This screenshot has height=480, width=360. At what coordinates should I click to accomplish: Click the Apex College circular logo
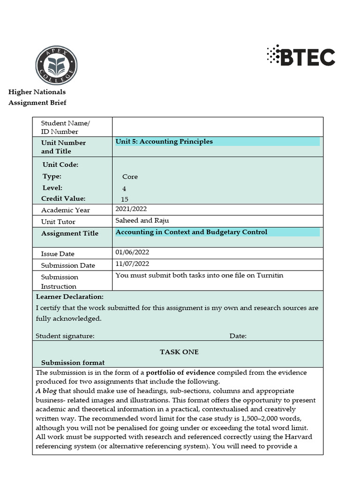click(57, 65)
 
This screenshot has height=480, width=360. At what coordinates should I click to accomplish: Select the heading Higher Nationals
click(37, 92)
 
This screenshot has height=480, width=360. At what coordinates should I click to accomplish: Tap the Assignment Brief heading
click(37, 103)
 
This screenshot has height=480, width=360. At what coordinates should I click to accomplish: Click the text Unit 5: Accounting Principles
click(164, 142)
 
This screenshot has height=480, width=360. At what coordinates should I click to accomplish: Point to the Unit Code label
click(60, 165)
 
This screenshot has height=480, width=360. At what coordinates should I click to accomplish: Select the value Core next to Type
click(130, 177)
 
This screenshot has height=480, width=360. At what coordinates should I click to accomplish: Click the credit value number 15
click(124, 199)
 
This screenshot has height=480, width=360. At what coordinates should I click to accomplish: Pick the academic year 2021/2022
click(131, 210)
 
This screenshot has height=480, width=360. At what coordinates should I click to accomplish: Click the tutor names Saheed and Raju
click(142, 221)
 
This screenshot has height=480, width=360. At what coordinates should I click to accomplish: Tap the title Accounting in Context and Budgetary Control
click(191, 232)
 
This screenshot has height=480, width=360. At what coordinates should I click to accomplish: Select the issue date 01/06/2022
click(132, 252)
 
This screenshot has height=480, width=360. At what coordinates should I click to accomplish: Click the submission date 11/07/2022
click(132, 264)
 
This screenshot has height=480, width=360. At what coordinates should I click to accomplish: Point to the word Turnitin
click(270, 275)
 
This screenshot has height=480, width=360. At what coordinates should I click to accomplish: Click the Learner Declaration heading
click(70, 297)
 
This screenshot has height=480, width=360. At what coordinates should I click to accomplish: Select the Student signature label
click(65, 336)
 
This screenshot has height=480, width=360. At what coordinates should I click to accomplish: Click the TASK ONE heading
click(179, 352)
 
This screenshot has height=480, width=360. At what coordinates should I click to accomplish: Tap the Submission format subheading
click(73, 362)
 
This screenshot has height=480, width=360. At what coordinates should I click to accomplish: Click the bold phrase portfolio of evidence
click(180, 373)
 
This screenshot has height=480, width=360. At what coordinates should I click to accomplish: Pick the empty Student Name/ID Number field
click(217, 127)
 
